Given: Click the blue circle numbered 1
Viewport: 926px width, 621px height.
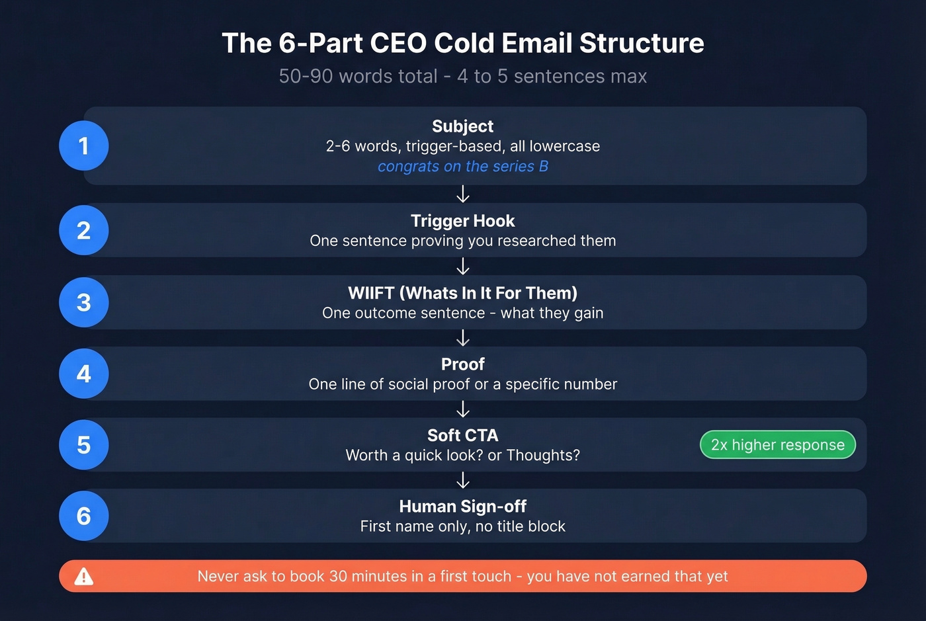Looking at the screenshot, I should [83, 145].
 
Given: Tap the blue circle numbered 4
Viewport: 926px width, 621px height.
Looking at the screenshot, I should [83, 374].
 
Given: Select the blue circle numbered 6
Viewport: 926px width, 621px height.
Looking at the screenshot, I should [83, 516].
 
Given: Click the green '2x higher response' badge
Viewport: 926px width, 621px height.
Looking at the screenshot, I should [777, 445].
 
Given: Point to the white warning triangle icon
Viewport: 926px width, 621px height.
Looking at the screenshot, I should [84, 577].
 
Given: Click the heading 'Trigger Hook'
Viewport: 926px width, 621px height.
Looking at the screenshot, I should [462, 221].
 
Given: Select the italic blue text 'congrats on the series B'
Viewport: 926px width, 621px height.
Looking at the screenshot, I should [462, 167].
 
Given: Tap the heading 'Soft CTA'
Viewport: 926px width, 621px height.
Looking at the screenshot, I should [462, 435].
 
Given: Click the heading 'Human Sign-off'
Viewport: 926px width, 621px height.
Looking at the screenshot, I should [462, 507].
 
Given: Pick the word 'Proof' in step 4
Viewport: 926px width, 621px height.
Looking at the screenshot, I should [462, 364].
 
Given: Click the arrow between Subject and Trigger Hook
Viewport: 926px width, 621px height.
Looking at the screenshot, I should [463, 194].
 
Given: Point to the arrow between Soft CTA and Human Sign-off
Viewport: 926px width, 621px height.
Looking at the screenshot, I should [463, 480].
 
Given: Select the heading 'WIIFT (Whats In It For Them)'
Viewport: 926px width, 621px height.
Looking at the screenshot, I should [462, 293].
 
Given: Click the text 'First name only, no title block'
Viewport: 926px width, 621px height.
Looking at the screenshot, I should [462, 526].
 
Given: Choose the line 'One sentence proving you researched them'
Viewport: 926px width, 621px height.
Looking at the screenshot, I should [462, 241].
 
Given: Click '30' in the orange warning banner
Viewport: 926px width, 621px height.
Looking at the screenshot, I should [338, 577].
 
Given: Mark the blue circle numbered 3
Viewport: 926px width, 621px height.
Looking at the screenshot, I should [83, 302].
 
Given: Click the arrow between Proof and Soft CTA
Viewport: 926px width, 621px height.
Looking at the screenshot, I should [463, 409].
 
